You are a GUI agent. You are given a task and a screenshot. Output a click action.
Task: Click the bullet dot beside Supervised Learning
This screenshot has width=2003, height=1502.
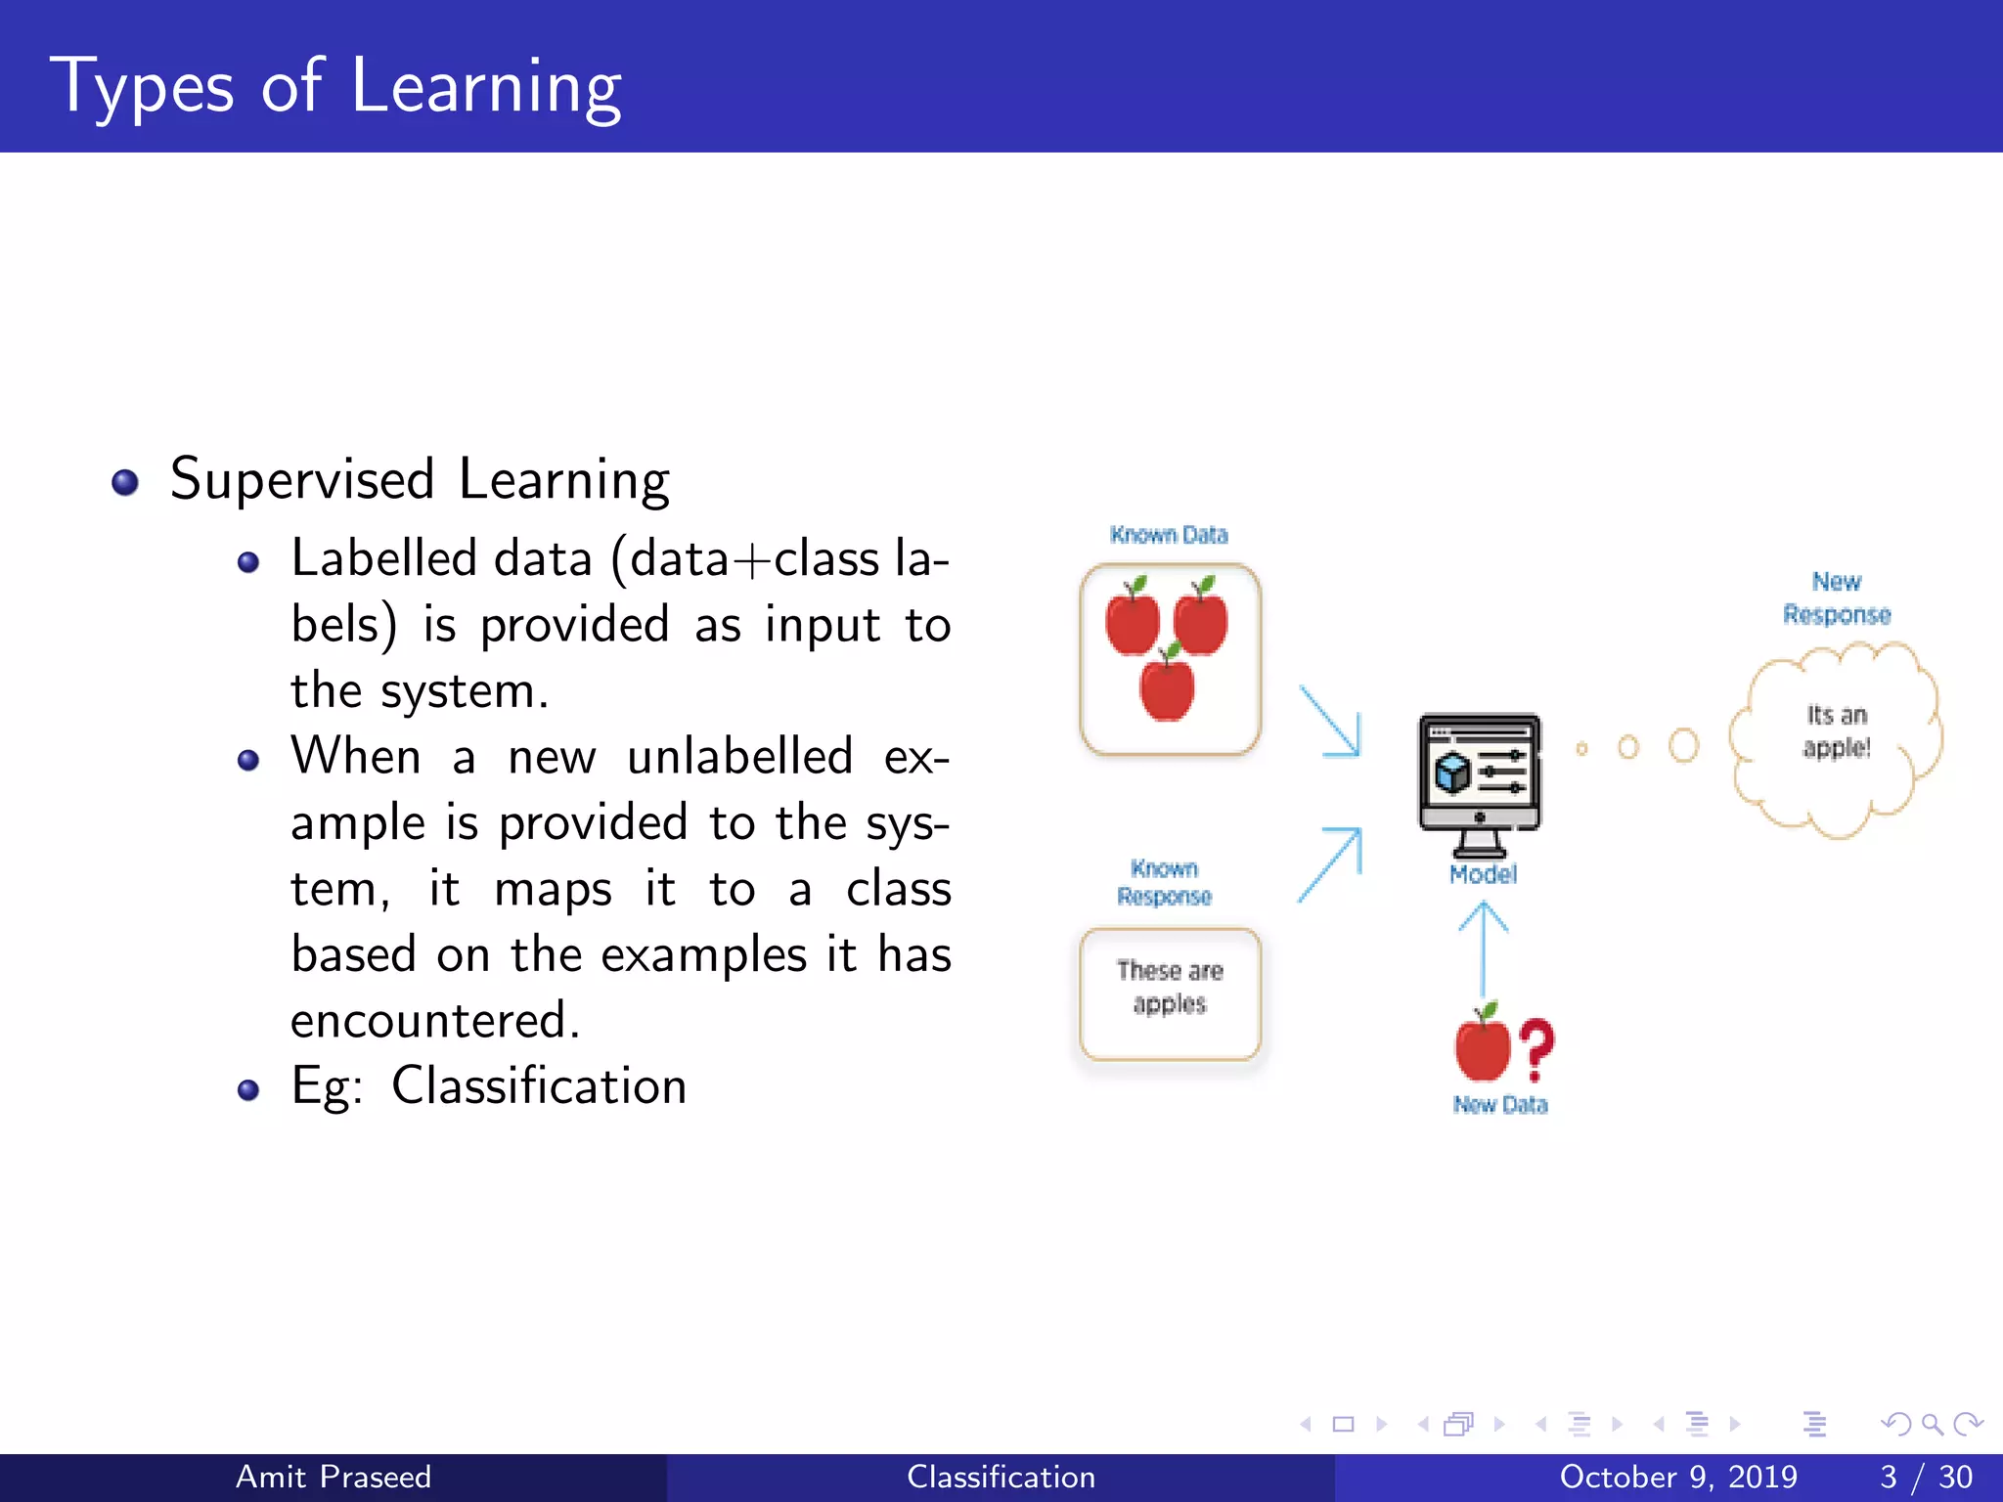click(125, 482)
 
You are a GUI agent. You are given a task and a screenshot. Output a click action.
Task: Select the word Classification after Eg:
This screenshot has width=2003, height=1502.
click(539, 1086)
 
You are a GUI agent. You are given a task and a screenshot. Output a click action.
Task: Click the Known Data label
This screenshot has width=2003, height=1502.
click(1169, 535)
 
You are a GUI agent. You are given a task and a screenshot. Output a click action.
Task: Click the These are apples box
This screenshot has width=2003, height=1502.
click(1170, 993)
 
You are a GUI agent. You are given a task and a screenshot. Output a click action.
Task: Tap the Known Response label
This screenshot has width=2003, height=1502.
click(1164, 882)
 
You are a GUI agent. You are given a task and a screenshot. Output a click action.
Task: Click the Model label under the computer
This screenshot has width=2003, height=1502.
click(1483, 874)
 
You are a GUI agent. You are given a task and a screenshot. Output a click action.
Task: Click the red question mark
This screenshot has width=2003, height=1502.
click(1536, 1049)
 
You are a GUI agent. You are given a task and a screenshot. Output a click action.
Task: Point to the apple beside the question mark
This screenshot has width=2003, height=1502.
click(1483, 1045)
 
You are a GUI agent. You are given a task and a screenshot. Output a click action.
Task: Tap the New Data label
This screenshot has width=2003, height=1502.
click(1500, 1105)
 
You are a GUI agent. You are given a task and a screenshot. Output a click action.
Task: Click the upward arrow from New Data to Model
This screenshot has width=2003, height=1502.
click(1484, 947)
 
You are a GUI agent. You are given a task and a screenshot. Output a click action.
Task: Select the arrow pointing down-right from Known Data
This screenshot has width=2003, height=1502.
click(1330, 721)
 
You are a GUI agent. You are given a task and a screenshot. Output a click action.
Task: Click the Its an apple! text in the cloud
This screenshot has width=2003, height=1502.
click(1837, 731)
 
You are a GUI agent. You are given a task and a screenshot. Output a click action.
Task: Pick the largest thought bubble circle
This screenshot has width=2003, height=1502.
click(1683, 745)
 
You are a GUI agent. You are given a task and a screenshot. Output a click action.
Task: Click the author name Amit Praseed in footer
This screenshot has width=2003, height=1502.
click(333, 1477)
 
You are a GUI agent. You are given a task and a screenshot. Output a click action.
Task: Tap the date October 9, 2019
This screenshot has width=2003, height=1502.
click(1678, 1477)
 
